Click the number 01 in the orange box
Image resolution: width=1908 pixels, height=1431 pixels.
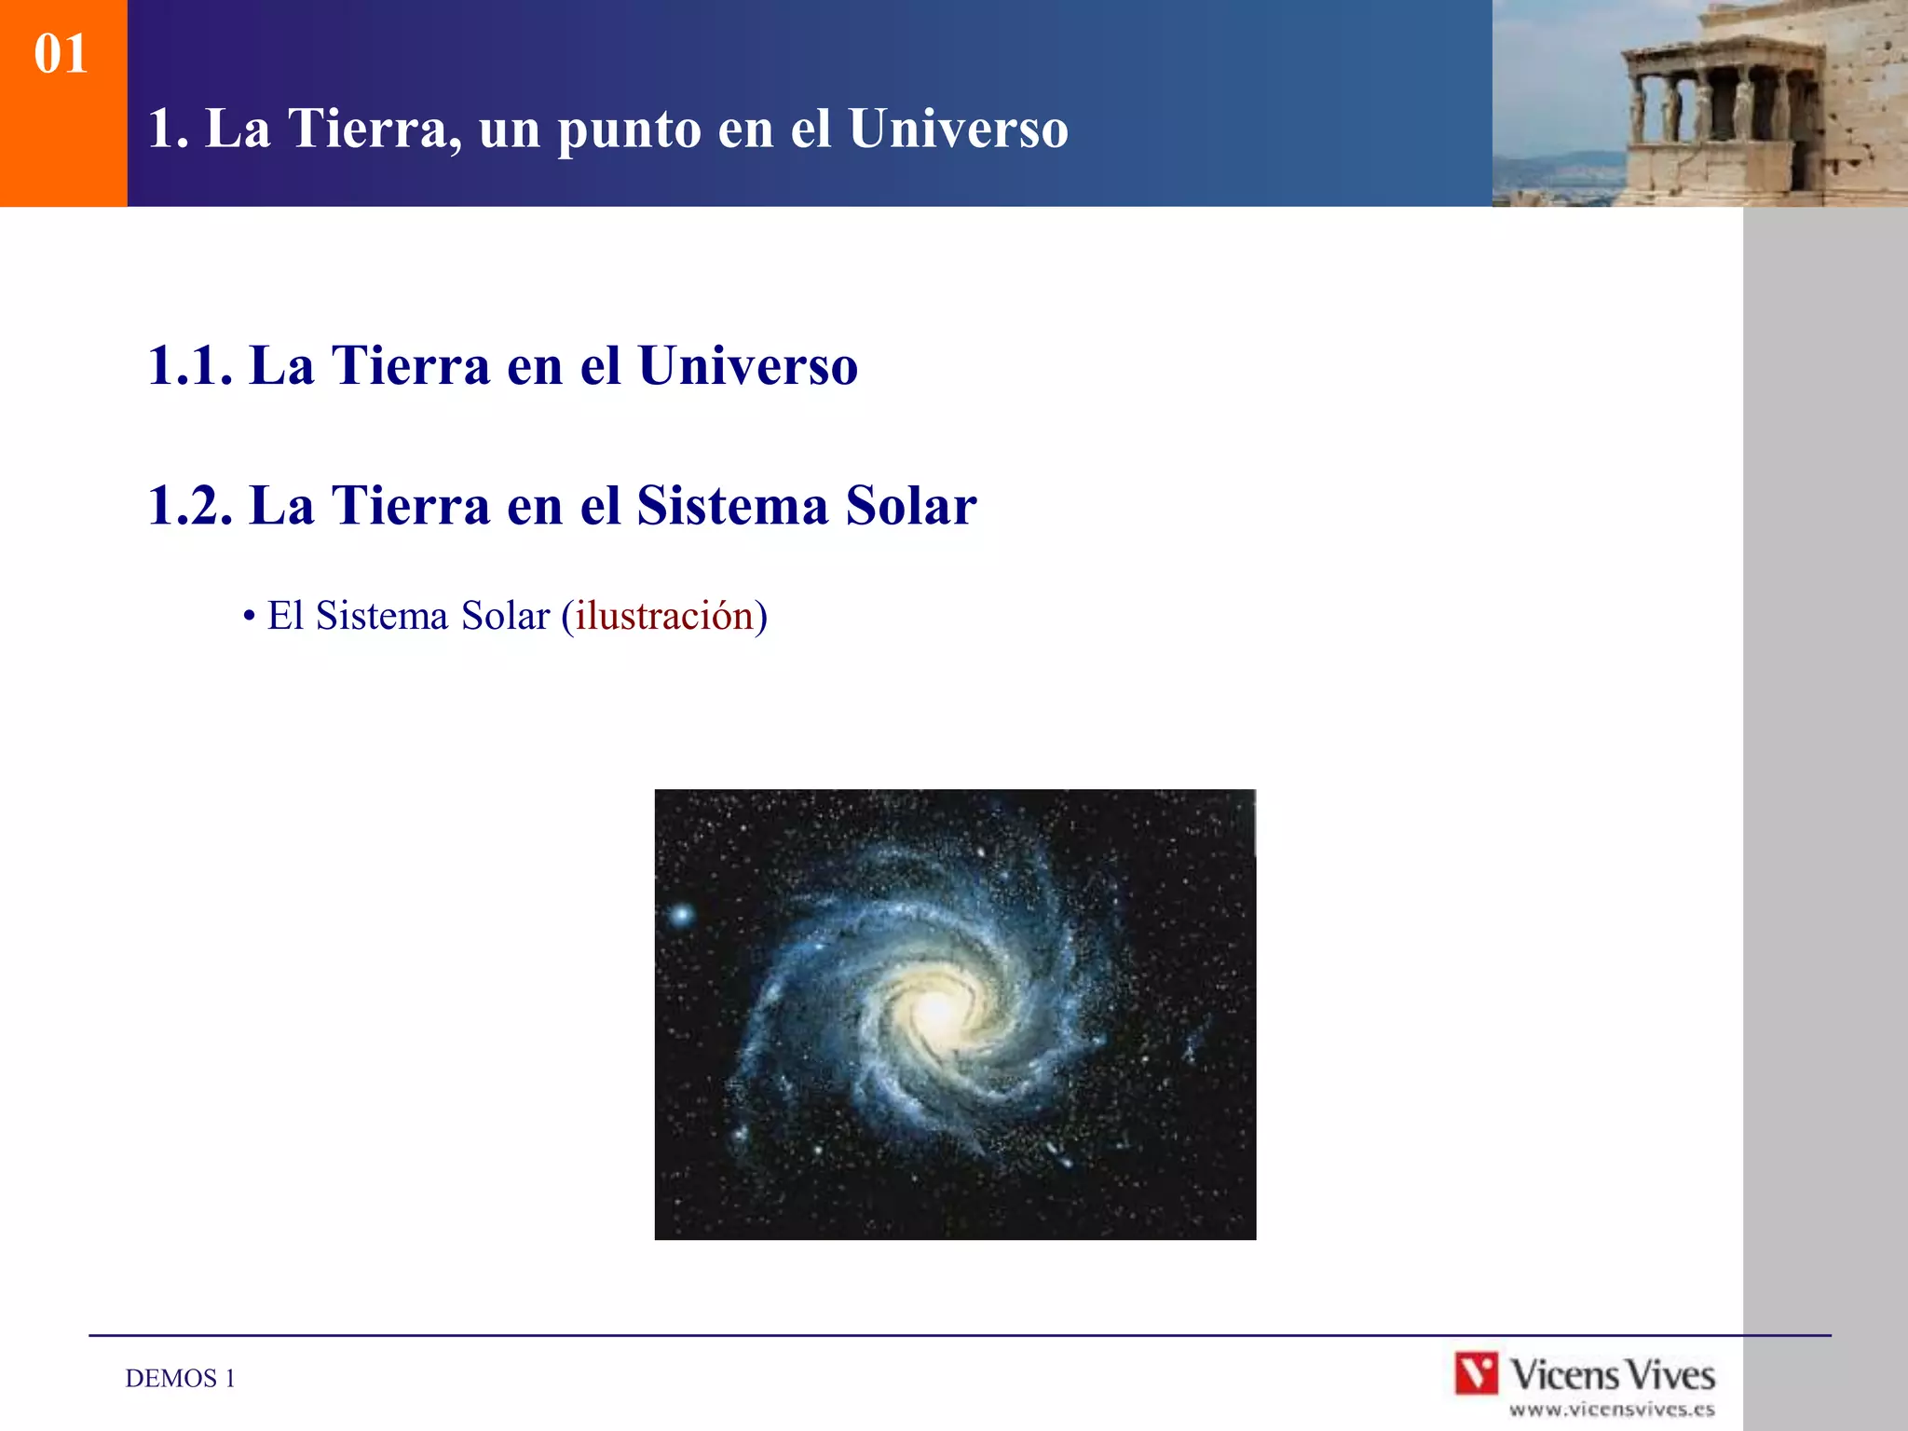(61, 54)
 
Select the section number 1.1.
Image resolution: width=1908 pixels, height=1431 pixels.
(189, 365)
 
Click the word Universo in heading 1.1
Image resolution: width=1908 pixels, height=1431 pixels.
(747, 365)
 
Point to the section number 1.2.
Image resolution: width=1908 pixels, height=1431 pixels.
(189, 506)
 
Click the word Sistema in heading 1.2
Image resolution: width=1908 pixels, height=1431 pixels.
(732, 506)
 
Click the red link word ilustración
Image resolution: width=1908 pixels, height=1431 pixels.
(663, 616)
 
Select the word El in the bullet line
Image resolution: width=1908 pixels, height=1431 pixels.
(286, 616)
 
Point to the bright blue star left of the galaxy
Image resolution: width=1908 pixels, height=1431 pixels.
(682, 915)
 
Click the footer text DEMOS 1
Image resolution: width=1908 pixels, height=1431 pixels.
(180, 1378)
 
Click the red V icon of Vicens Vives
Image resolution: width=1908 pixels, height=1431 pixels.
(1477, 1373)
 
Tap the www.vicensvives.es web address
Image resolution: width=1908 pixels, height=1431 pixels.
(1611, 1410)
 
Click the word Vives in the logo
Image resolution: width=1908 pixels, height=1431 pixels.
(1671, 1375)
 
